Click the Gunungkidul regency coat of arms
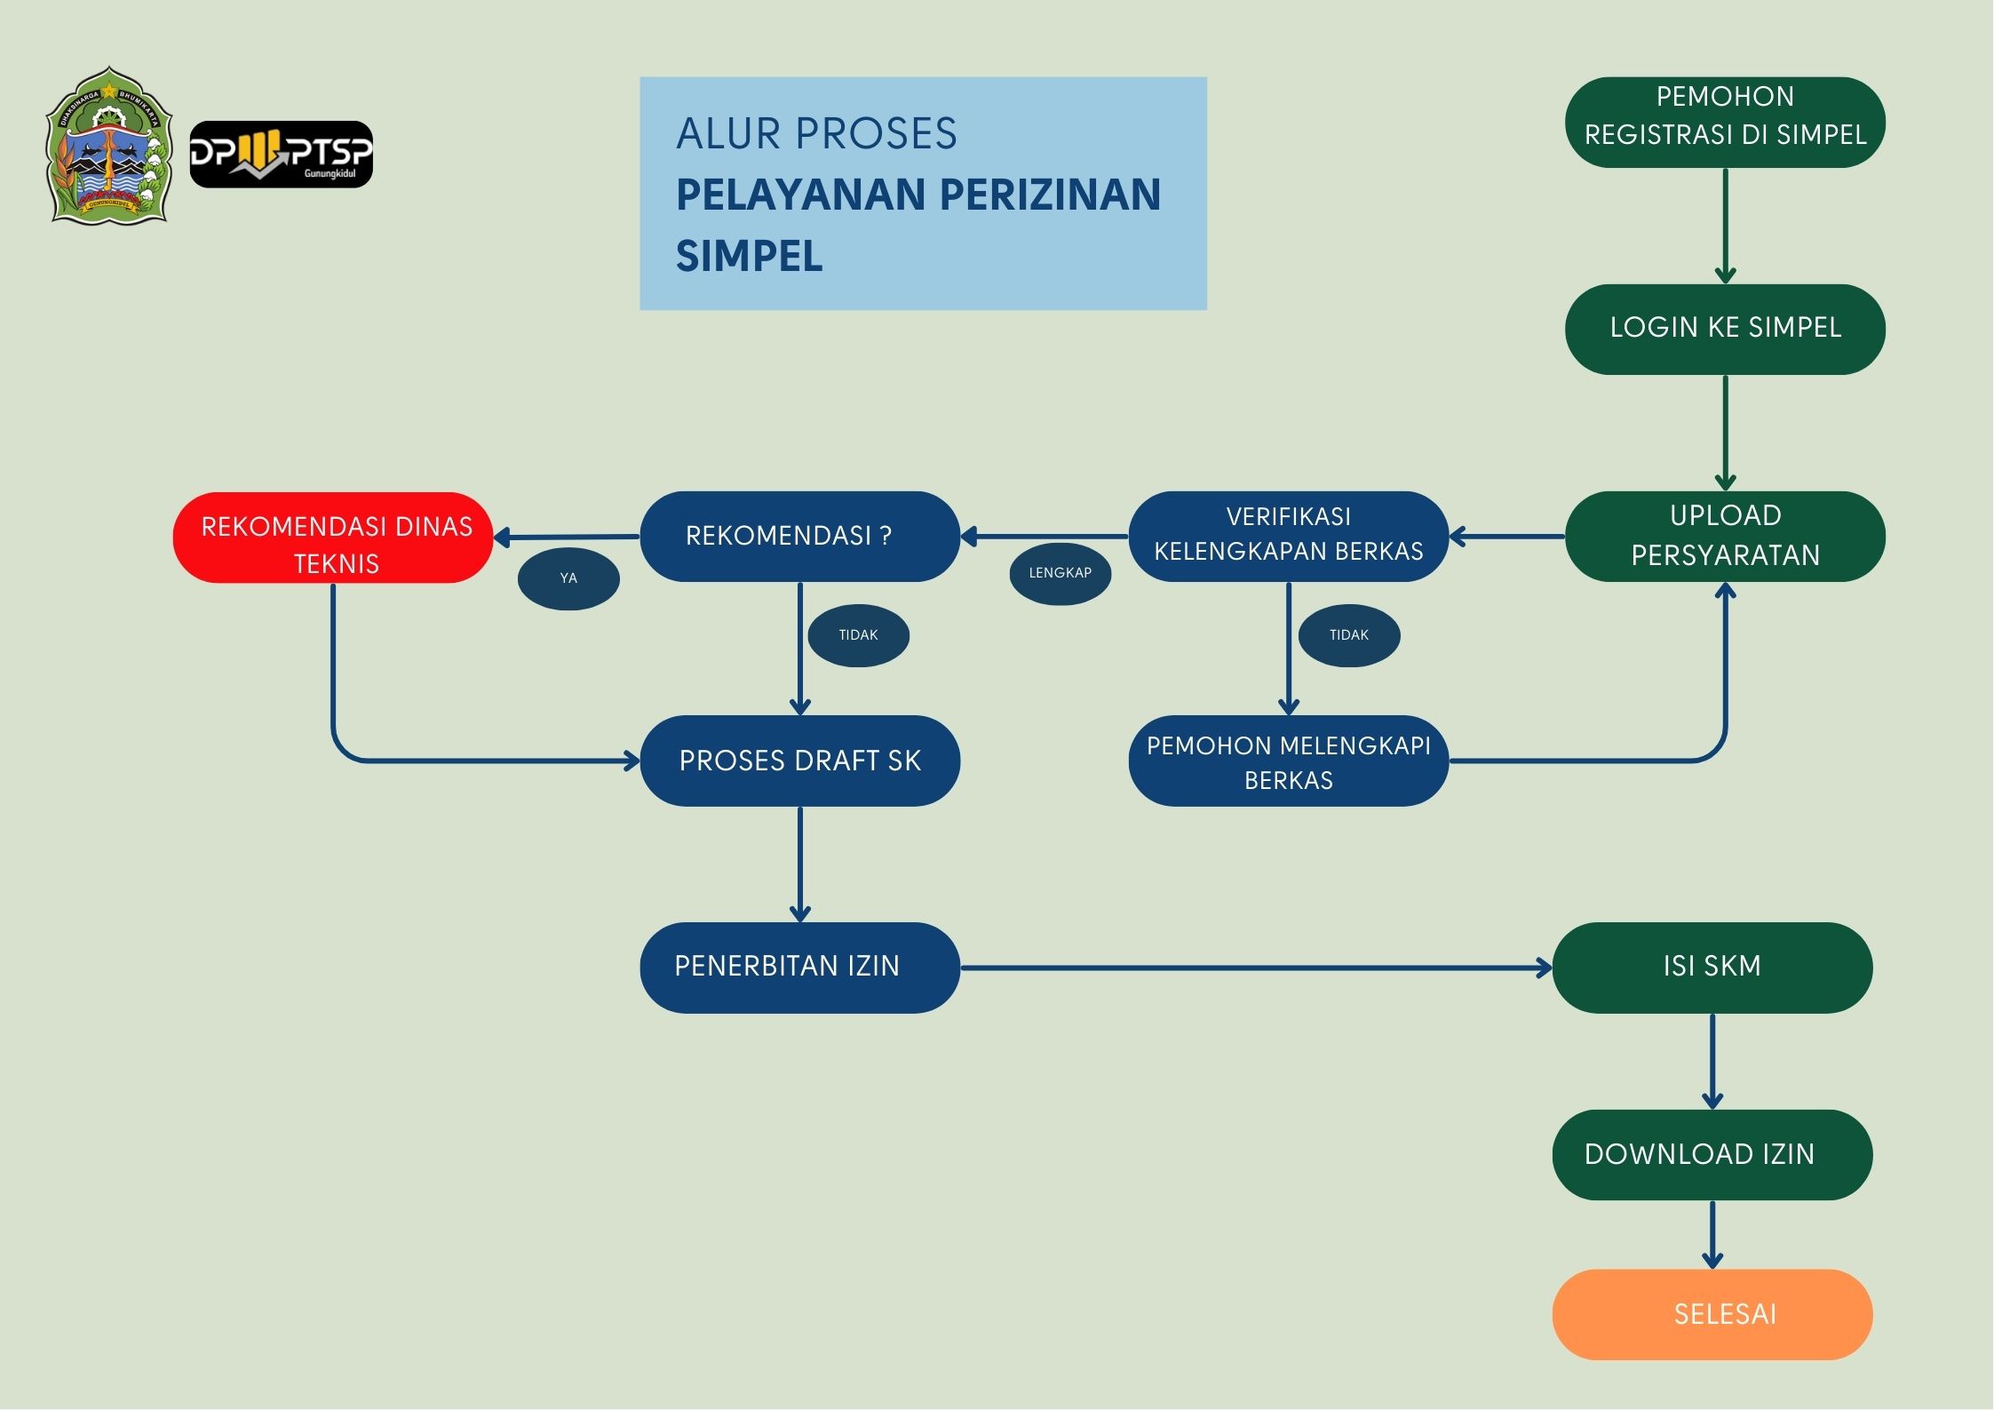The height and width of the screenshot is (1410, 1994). point(108,145)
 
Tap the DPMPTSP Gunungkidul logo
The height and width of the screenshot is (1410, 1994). point(281,155)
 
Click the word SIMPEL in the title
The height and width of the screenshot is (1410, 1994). point(749,257)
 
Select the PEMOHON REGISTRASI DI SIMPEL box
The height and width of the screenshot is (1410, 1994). point(1724,122)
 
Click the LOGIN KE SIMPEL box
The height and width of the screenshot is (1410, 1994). point(1724,329)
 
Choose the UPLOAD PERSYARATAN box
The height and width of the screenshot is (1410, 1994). point(1724,536)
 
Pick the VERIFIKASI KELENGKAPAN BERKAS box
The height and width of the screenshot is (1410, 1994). point(1288,536)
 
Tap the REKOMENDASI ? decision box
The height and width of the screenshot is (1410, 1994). point(799,536)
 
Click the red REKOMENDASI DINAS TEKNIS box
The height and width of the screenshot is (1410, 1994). point(333,538)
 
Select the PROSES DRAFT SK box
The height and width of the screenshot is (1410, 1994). point(799,761)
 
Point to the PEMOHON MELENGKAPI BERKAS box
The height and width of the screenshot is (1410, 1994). point(1288,761)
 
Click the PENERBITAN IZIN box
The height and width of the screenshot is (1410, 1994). point(799,967)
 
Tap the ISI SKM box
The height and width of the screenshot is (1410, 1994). point(1712,967)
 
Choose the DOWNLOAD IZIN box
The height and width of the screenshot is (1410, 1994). point(1712,1154)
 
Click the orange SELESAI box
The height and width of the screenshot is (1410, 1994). point(1712,1314)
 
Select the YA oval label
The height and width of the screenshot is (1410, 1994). point(568,578)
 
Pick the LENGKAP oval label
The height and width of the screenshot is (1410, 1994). point(1060,573)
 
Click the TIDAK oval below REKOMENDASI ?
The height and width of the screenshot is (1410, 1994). point(858,635)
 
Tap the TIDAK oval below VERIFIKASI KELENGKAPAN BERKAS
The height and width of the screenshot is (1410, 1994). point(1349,635)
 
